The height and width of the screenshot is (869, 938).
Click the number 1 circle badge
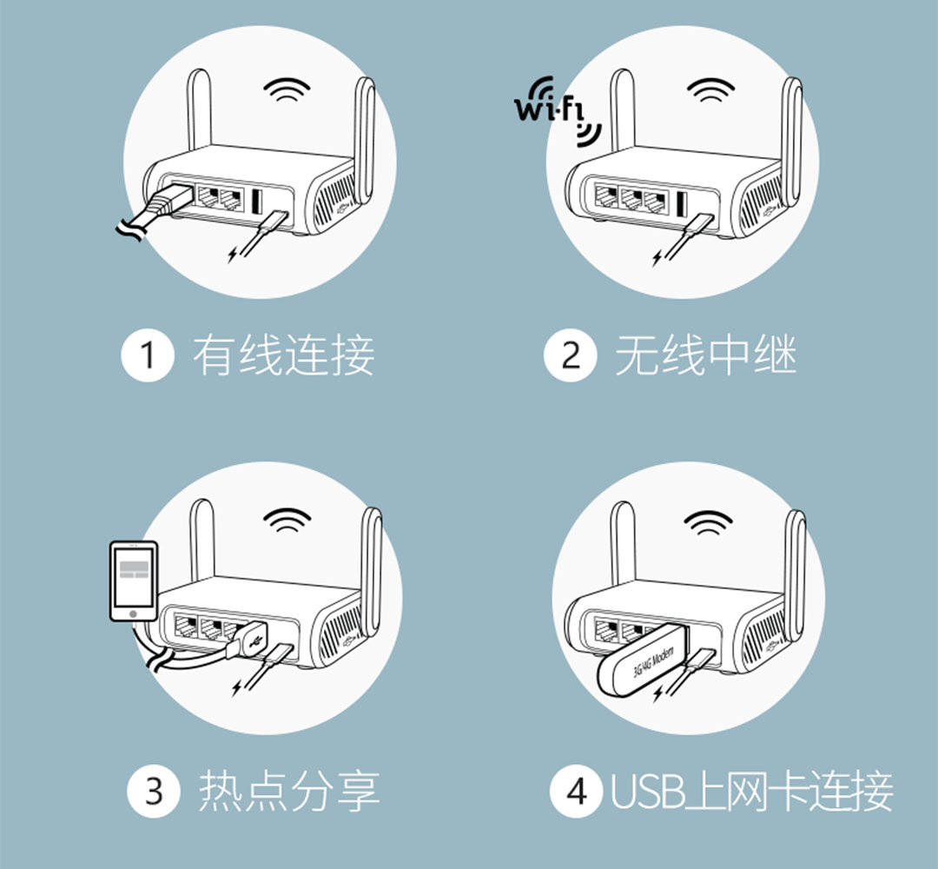click(x=148, y=356)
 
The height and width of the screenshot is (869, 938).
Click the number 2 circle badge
click(x=571, y=356)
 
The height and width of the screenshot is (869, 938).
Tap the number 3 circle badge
click(x=154, y=792)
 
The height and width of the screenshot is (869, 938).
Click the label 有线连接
click(x=283, y=356)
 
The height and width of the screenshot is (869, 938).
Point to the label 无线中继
click(x=705, y=356)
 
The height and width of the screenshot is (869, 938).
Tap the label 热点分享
click(x=289, y=792)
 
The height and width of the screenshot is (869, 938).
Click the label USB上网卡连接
click(x=752, y=792)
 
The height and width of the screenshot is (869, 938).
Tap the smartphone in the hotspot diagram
click(x=133, y=580)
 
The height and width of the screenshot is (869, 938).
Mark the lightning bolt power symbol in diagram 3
click(x=239, y=689)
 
